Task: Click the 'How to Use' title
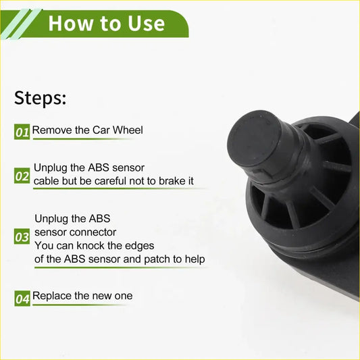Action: click(x=106, y=23)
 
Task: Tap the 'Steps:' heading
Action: click(x=41, y=97)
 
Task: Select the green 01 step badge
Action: click(x=22, y=132)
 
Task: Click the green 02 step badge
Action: click(x=22, y=176)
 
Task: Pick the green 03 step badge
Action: click(x=22, y=238)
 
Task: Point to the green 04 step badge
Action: click(x=22, y=298)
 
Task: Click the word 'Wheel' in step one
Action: click(x=127, y=130)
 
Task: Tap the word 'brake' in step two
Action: click(x=168, y=181)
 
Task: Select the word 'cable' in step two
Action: click(x=47, y=181)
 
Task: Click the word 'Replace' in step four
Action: click(x=52, y=296)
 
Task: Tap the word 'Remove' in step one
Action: click(x=51, y=130)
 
